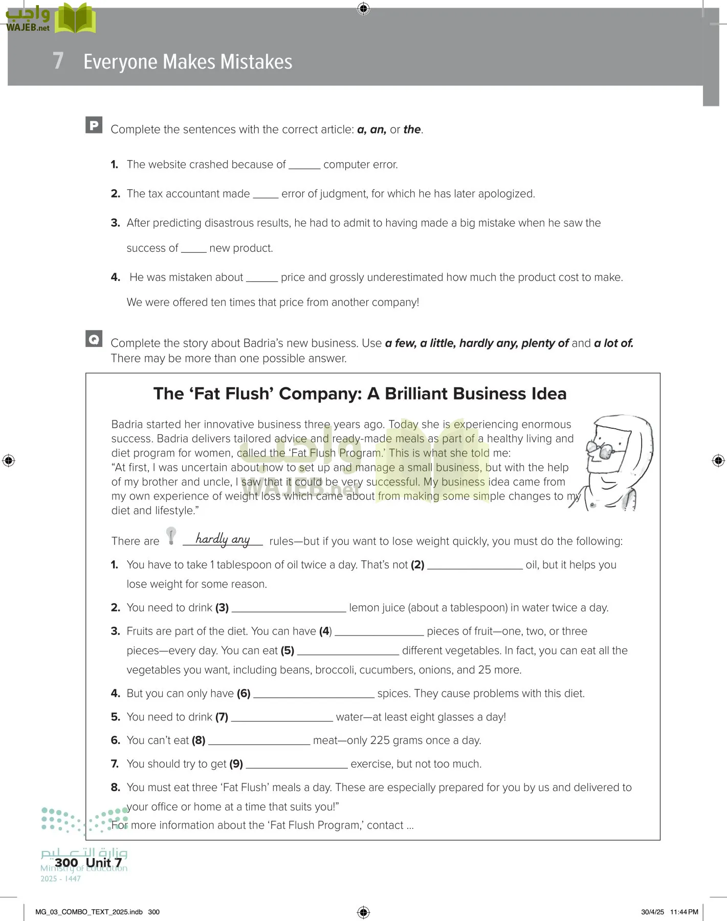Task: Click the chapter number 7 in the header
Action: tap(58, 61)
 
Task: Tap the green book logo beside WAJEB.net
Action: tap(75, 19)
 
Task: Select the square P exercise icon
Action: tap(94, 125)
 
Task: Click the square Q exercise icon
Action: tap(94, 339)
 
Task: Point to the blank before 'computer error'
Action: tap(304, 166)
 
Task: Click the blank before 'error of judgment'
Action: tap(266, 195)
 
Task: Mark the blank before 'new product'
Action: tap(193, 249)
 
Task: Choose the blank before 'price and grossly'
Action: tap(261, 278)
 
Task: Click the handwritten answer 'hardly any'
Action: tap(223, 539)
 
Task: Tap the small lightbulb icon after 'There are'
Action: tap(171, 536)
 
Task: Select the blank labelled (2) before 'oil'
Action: tap(475, 566)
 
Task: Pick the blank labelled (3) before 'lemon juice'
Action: tap(289, 609)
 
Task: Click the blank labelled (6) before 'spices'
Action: tap(314, 694)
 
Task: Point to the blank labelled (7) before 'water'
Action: tap(282, 718)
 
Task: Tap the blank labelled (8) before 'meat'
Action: tap(259, 741)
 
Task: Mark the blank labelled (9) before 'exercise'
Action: tap(297, 765)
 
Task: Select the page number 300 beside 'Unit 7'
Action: tap(67, 863)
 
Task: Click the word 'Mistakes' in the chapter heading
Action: tap(256, 62)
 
